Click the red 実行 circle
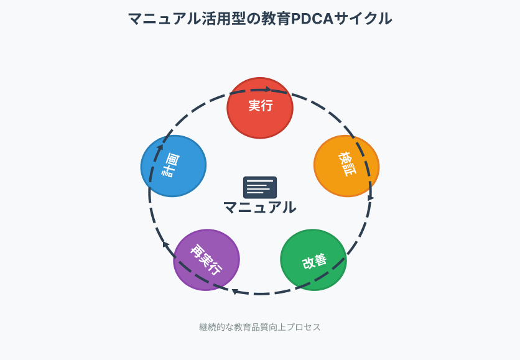tap(260, 108)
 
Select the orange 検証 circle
tap(346, 166)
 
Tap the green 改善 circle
tap(313, 260)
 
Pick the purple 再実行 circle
tap(207, 260)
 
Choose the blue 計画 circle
tap(174, 166)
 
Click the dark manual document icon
tap(260, 187)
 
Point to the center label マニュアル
tap(260, 208)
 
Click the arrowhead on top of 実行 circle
tap(268, 89)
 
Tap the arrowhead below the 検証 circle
tap(371, 197)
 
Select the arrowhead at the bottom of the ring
tap(234, 292)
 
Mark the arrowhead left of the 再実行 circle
tap(166, 244)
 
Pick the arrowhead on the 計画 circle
tap(160, 147)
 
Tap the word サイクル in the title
tap(363, 19)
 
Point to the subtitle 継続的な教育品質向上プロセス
tap(260, 327)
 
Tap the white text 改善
tap(314, 261)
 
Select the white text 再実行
tap(207, 260)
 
